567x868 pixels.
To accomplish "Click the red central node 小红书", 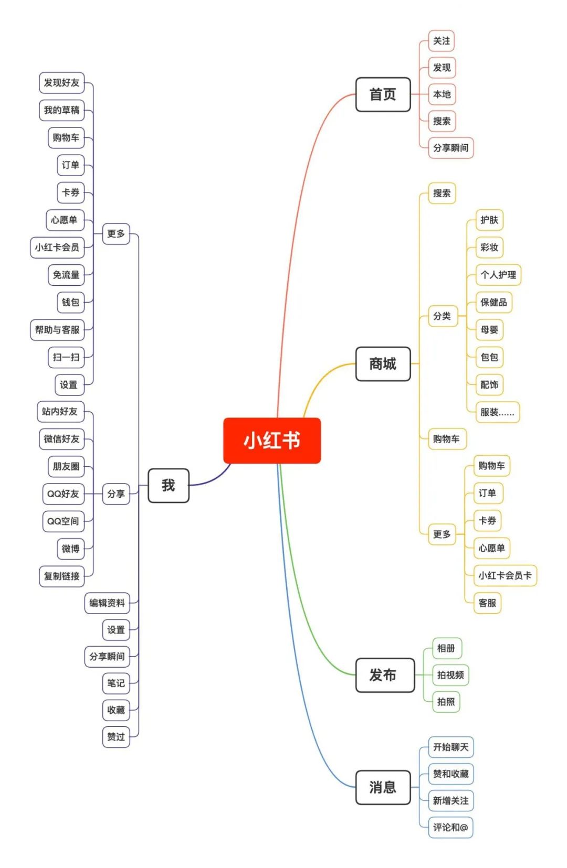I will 272,440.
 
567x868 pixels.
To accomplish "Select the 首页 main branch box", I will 383,94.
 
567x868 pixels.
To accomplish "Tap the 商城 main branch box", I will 383,363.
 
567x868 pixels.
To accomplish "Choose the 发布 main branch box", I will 383,675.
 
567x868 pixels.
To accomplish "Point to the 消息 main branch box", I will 383,787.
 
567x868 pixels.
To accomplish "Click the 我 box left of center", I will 168,485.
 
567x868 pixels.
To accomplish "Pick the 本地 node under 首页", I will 442,94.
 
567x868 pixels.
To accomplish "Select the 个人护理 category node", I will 498,275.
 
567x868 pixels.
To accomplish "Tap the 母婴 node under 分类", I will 489,330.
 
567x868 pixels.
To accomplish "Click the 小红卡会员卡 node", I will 505,575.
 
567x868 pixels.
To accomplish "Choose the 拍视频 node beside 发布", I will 450,675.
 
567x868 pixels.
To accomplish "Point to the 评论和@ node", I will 450,827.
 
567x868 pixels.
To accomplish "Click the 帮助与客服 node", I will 57,330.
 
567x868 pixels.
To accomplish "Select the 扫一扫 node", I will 66,357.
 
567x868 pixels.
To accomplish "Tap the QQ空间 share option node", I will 63,521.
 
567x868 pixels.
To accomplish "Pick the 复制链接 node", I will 61,576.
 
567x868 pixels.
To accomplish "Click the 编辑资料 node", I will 107,603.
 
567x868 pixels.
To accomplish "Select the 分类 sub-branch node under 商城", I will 442,316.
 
